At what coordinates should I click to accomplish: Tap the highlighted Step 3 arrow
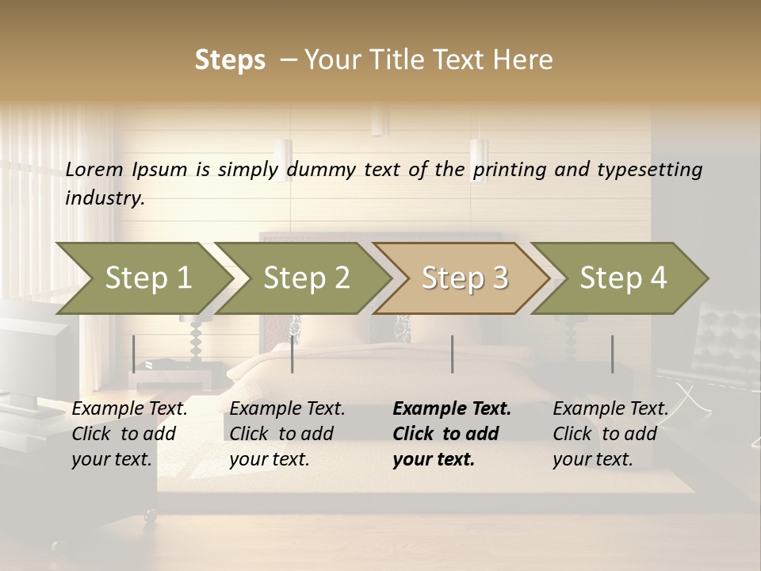465,278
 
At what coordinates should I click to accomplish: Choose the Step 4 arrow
623,278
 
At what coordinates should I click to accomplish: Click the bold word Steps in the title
230,59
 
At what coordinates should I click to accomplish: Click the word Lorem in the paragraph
94,169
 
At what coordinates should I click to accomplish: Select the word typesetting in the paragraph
647,169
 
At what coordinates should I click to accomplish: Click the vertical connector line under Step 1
134,354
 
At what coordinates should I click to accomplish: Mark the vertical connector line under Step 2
293,354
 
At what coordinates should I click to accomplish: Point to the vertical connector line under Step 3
452,354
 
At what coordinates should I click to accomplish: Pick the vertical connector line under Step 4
612,354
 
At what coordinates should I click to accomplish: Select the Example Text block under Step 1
130,434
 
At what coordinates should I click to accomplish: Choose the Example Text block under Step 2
287,434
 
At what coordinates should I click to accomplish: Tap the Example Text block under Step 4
610,434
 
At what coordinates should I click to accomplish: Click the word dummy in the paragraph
322,169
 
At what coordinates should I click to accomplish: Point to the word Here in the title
528,59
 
